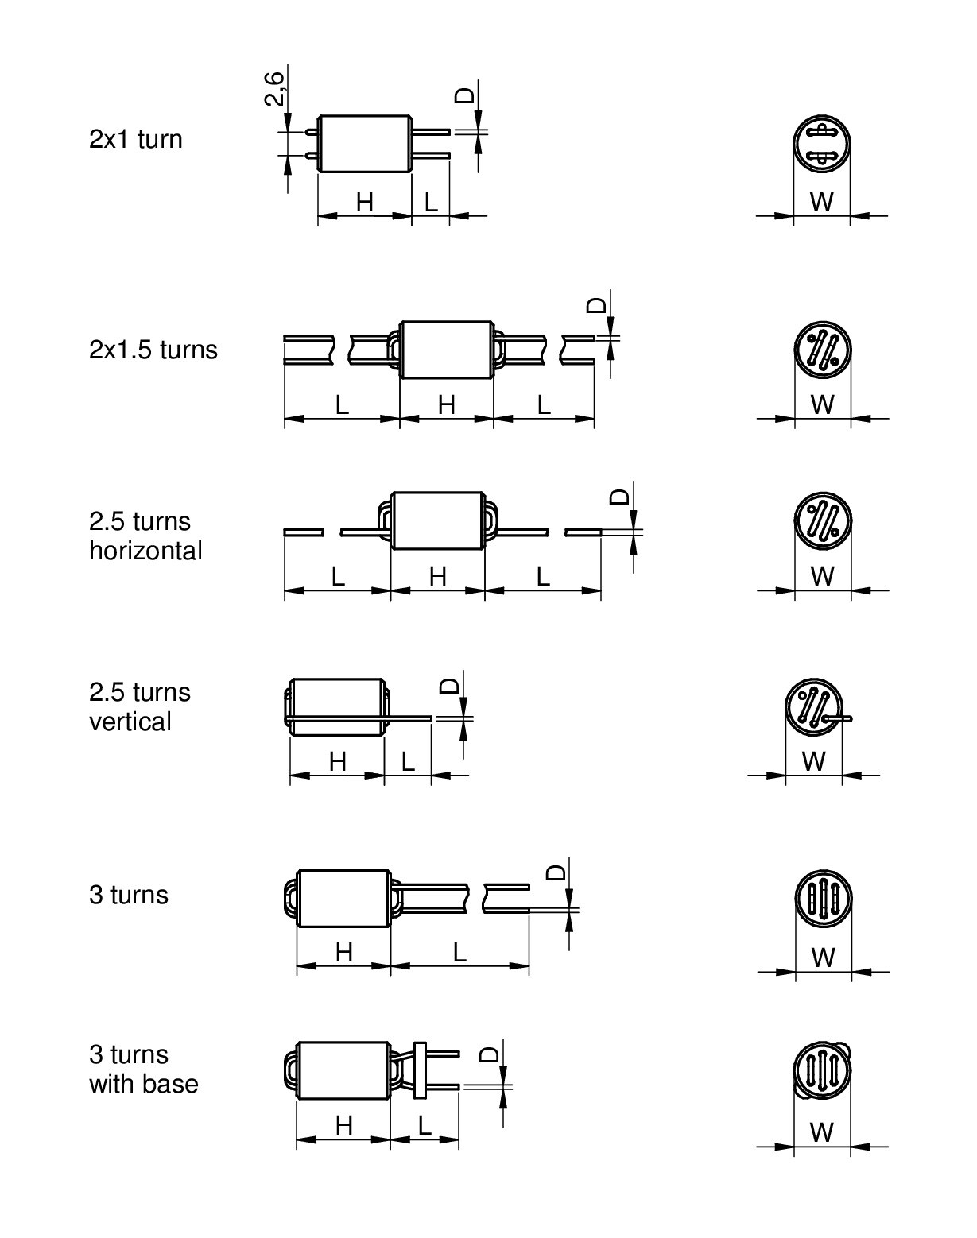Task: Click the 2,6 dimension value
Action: coord(274,88)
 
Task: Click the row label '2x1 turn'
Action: coord(135,139)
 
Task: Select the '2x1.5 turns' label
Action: coord(153,350)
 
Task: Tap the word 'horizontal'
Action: coord(145,551)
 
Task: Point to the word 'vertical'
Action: coord(130,722)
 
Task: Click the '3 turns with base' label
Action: coord(143,1070)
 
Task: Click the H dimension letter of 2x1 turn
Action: coord(364,202)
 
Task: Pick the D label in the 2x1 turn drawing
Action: coord(464,95)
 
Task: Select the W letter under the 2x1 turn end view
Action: coord(821,202)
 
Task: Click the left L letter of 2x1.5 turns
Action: coord(342,405)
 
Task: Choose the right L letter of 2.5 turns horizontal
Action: coord(543,576)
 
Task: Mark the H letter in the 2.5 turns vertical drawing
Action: coord(337,762)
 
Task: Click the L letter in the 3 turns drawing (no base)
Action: coord(459,953)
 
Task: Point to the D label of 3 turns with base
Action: coord(490,1054)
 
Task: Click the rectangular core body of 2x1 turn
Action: coord(365,144)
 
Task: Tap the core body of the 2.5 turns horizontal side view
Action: coord(437,520)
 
